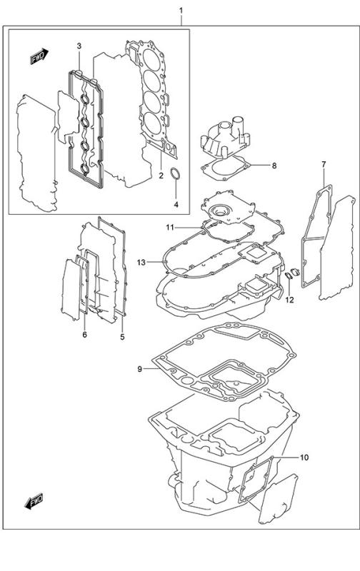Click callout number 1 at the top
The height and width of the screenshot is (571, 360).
tap(181, 11)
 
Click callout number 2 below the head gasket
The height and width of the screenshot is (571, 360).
tap(161, 176)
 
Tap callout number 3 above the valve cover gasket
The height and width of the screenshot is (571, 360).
tap(79, 46)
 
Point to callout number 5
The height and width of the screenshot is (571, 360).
tap(121, 336)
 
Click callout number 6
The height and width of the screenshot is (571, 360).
tap(84, 335)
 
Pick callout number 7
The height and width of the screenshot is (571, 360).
tap(323, 166)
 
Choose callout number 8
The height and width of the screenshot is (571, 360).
tap(272, 166)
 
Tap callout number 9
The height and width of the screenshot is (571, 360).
tap(140, 369)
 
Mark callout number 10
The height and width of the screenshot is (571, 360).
tap(303, 458)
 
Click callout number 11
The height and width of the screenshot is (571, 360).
tap(171, 227)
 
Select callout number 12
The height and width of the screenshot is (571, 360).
tap(290, 299)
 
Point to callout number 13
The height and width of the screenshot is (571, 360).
tap(141, 263)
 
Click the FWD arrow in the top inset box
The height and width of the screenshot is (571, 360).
tap(38, 58)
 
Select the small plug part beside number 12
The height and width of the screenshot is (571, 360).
tap(289, 276)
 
